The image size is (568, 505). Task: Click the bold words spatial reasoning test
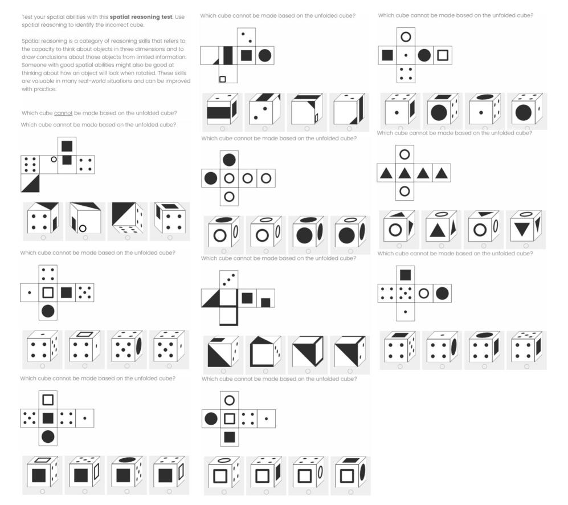(x=141, y=17)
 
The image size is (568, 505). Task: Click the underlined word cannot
(x=63, y=113)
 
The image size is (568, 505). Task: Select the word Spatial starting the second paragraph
(x=30, y=41)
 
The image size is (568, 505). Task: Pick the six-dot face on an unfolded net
(x=30, y=165)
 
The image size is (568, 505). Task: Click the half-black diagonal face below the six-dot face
(x=30, y=183)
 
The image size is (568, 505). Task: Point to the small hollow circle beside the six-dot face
(x=54, y=159)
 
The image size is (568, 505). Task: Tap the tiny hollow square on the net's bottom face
(x=223, y=79)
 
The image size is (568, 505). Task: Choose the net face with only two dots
(x=246, y=38)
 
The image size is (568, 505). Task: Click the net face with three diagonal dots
(x=229, y=279)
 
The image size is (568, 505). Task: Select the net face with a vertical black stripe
(x=228, y=55)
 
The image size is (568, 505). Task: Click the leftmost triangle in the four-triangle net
(x=386, y=173)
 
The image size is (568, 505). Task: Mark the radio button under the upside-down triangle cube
(x=526, y=246)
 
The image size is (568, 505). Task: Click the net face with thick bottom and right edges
(x=229, y=316)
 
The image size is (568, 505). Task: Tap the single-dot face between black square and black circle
(x=406, y=55)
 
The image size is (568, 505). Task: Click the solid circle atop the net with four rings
(x=229, y=160)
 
